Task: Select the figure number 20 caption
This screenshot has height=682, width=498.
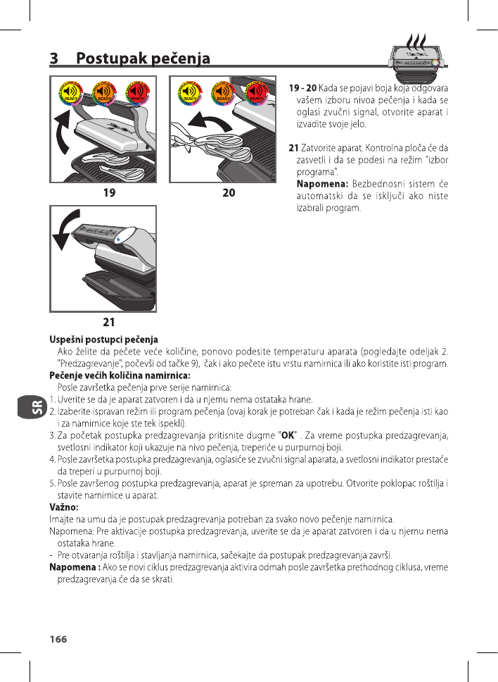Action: click(x=229, y=192)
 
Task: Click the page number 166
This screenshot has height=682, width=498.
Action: click(x=58, y=639)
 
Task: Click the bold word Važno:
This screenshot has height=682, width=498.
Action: click(x=63, y=507)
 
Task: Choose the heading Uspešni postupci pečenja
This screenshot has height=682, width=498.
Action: click(x=103, y=340)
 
